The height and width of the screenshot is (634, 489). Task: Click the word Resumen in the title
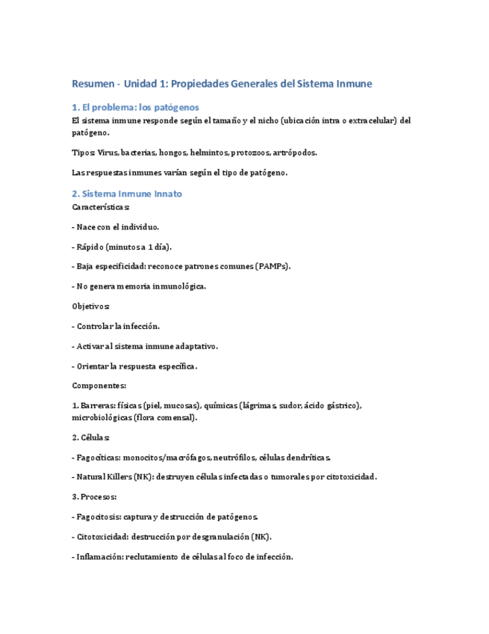93,84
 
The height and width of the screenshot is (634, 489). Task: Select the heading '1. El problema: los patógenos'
135,107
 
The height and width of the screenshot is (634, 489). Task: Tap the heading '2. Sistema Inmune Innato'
127,194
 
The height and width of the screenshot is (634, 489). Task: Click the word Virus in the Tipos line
108,153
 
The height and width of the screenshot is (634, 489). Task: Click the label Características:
101,206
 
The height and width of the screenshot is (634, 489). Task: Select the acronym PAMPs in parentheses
272,266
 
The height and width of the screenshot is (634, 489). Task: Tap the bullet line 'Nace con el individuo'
116,226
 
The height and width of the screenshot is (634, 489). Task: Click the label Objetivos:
91,307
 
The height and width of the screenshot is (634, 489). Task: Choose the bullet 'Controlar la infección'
117,327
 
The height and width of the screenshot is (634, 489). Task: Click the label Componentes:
99,386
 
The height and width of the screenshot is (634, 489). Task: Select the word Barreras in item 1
99,406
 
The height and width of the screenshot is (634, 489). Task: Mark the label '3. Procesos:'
95,496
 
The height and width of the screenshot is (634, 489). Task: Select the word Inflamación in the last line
100,557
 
